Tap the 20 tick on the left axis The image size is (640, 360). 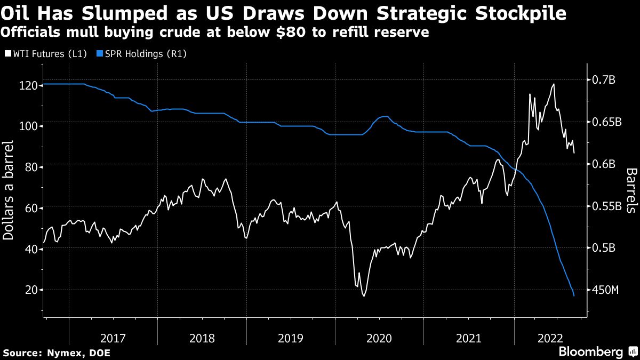(31, 290)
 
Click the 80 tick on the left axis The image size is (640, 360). (31, 167)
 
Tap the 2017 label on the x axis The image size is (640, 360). (113, 338)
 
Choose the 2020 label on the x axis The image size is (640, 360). (379, 338)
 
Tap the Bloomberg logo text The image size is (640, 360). (590, 352)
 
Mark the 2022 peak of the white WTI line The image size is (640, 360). (554, 84)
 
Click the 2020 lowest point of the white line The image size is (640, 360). (364, 295)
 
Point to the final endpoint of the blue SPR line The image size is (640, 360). (574, 296)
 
